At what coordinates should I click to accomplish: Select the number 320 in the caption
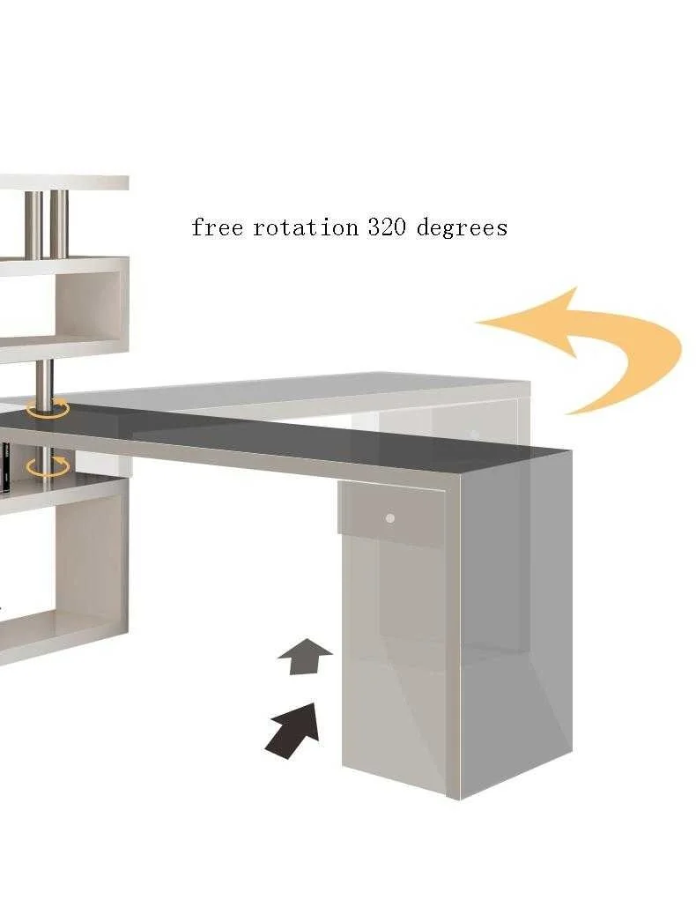(x=385, y=227)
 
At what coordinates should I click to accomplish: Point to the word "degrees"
(x=462, y=228)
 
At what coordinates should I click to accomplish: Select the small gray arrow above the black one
(x=304, y=657)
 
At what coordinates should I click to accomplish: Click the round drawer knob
(x=389, y=518)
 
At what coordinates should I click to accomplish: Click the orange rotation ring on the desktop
(x=48, y=407)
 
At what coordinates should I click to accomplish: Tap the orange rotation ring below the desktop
(x=46, y=466)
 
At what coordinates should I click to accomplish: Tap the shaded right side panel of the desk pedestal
(x=515, y=617)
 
